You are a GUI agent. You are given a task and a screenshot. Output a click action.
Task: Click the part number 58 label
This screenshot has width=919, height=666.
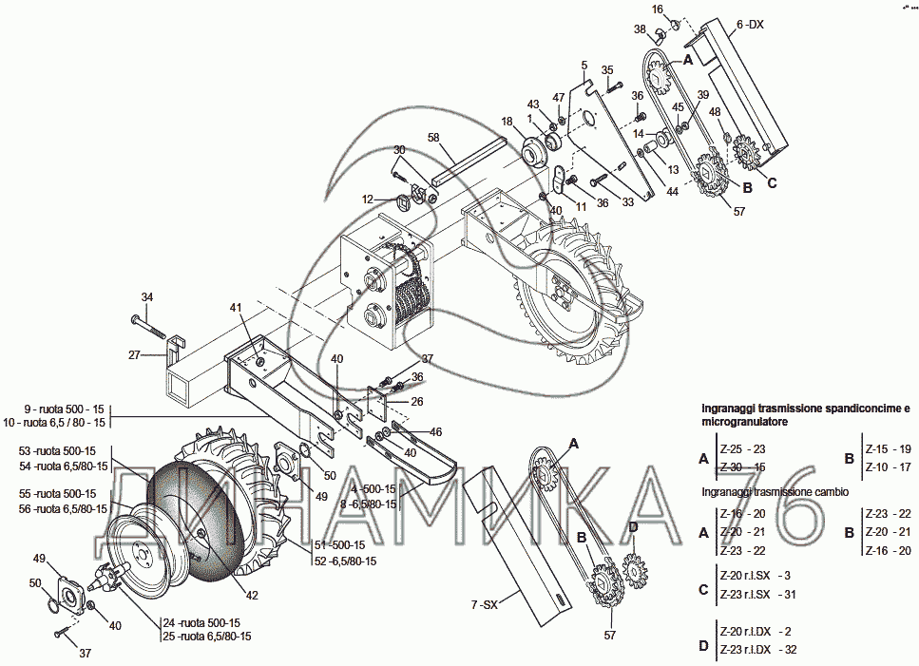pos(433,139)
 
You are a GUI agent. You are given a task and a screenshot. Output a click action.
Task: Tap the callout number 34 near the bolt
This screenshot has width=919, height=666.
pos(146,296)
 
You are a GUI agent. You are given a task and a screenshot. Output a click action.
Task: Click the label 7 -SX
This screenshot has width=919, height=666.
pos(484,604)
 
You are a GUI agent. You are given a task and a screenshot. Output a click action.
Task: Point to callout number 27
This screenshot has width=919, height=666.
pos(135,354)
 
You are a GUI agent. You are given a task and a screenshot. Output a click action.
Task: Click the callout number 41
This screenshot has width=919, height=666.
pos(235,308)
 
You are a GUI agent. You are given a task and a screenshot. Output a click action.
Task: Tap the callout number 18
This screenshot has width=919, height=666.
pos(507,122)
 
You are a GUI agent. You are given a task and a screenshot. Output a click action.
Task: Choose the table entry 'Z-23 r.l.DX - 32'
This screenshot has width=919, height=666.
pos(756,650)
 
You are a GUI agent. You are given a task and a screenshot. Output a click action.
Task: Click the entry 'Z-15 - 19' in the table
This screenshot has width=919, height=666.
pos(888,448)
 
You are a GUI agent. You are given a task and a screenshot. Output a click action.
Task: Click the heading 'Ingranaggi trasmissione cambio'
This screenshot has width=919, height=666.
pos(775,492)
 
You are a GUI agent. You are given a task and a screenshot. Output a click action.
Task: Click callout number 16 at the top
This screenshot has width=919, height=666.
pos(657,10)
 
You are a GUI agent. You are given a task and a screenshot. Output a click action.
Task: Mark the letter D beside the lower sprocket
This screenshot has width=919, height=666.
pos(632,527)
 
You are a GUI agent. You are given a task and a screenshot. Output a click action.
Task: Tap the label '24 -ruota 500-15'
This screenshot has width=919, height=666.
pos(200,622)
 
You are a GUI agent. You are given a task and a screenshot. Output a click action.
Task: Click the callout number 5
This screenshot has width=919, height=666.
pos(585,65)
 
